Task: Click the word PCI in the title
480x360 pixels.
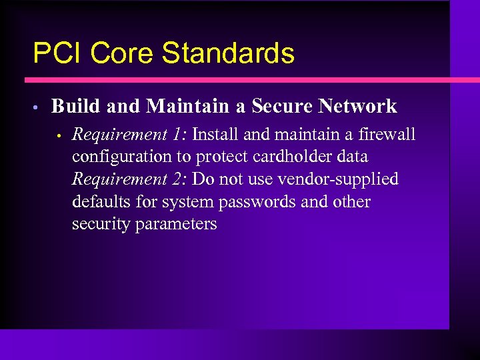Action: tap(56, 53)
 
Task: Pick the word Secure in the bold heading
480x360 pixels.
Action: tap(282, 106)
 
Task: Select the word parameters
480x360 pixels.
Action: tap(176, 225)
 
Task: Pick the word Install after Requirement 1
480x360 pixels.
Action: tap(215, 135)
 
